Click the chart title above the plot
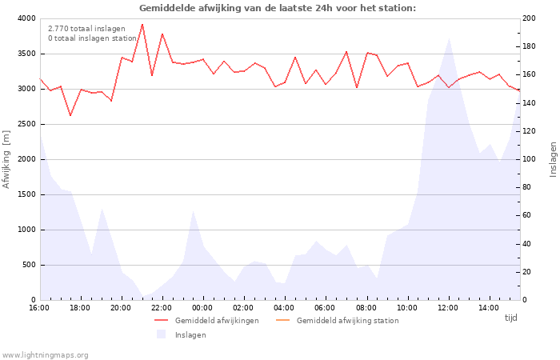[278, 8]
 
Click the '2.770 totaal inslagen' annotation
[86, 29]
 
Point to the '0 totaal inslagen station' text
[92, 38]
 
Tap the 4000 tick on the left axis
[26, 18]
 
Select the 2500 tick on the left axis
[26, 124]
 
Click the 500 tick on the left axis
[28, 265]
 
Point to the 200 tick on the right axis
[530, 18]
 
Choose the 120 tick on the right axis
[530, 131]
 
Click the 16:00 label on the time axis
[39, 308]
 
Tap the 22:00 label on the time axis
[162, 308]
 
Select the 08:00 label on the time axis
[366, 308]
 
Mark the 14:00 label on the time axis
[489, 308]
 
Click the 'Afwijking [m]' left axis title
[7, 159]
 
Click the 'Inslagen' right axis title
[552, 159]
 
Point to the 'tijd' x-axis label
[510, 318]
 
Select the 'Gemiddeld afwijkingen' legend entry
[216, 321]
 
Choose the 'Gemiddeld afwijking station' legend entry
[347, 321]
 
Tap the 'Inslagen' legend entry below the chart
[190, 335]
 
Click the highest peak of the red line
[142, 24]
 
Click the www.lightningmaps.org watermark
[46, 354]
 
